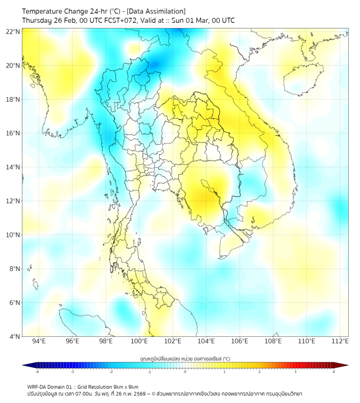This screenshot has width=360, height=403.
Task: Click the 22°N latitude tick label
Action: point(13,31)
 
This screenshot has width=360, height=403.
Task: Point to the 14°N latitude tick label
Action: point(13,167)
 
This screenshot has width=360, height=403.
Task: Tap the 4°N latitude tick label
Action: point(15,336)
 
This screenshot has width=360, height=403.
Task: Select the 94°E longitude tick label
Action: point(39,341)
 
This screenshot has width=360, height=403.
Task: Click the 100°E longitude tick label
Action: point(139,341)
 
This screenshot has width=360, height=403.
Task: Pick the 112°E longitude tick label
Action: point(340,341)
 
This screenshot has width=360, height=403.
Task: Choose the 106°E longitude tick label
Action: point(240,341)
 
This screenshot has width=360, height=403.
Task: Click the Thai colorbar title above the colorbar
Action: point(185,359)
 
